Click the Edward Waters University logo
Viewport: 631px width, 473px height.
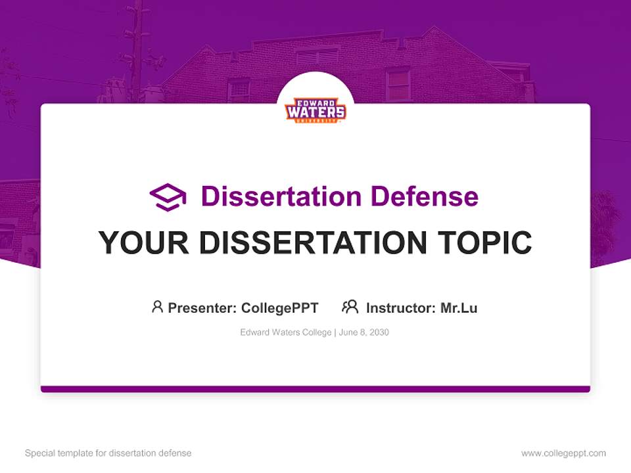click(x=315, y=110)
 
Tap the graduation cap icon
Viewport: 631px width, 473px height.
click(x=168, y=196)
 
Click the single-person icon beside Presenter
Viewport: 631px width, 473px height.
click(x=157, y=307)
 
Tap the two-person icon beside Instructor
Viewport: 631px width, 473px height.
click(x=350, y=307)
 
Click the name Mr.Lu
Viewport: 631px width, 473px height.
click(x=459, y=307)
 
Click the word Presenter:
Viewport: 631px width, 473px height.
click(x=202, y=307)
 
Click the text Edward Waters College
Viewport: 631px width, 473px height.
click(x=286, y=332)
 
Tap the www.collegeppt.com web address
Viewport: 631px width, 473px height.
click(x=563, y=453)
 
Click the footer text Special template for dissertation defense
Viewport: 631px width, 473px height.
click(x=108, y=453)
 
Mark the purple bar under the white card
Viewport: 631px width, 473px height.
click(x=315, y=389)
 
